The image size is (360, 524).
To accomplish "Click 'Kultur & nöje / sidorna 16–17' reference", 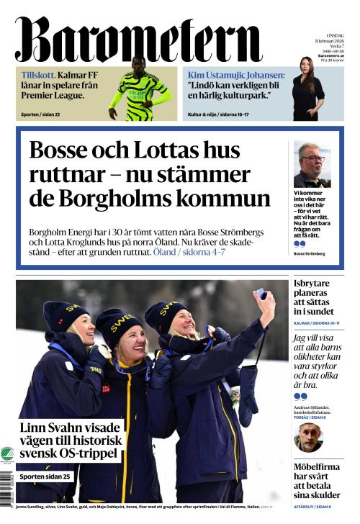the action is (x=223, y=114).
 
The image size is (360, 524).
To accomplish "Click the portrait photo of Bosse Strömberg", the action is (x=312, y=165).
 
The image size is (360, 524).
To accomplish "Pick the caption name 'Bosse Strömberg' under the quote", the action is (x=310, y=253).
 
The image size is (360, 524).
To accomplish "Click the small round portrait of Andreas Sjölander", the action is (x=308, y=437).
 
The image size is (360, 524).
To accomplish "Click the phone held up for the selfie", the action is (x=261, y=294).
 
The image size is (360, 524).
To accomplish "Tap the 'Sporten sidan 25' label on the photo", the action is (x=45, y=476).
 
